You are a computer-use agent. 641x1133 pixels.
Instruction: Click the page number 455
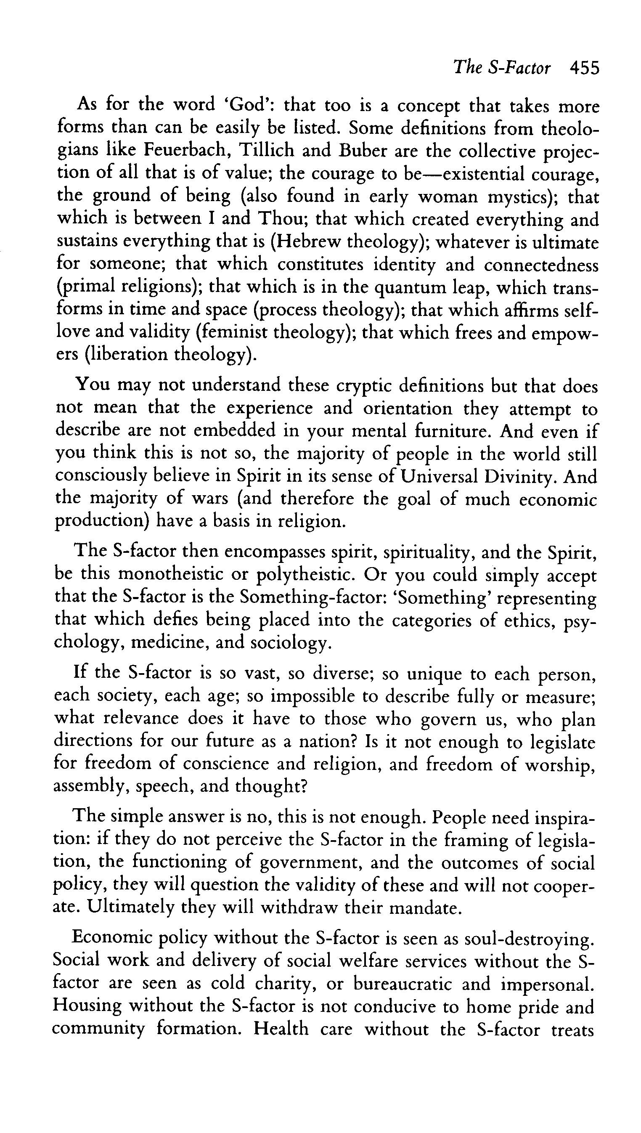coord(584,68)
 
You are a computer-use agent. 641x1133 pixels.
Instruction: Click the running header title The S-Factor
coord(501,68)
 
